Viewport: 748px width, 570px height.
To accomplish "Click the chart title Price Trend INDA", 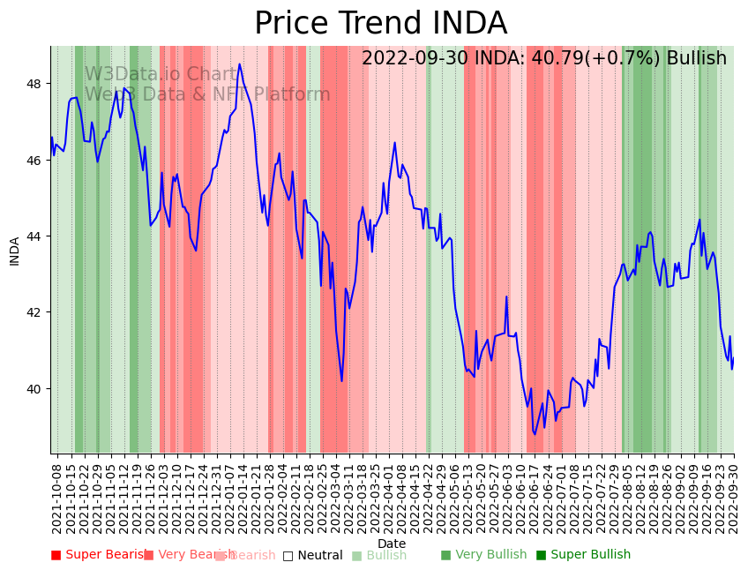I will tap(380, 24).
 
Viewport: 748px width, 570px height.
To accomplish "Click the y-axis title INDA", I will tap(14, 251).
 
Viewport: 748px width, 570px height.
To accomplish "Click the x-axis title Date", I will tap(392, 544).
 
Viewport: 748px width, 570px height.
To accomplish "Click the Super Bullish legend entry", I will tap(583, 555).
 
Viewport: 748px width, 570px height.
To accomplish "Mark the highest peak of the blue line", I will tap(239, 64).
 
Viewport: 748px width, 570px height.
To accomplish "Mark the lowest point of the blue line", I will tap(535, 434).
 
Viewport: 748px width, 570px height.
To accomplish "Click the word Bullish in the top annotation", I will tap(696, 58).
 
